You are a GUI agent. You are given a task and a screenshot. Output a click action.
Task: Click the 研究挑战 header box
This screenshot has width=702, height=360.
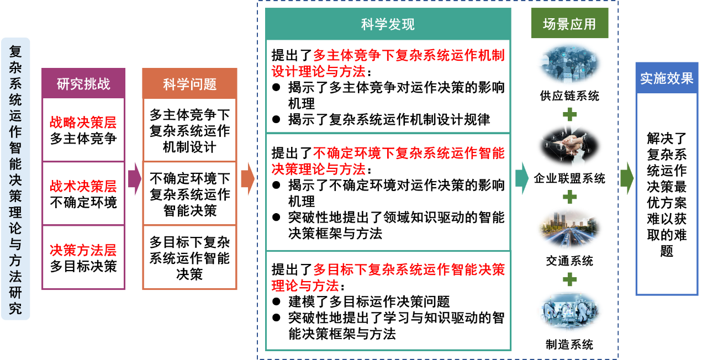(83, 83)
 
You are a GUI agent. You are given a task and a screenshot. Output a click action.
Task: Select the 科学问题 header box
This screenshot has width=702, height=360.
(189, 84)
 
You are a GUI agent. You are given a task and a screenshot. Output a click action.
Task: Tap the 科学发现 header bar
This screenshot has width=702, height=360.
(388, 24)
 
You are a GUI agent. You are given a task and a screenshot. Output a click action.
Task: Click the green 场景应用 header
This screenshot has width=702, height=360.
(569, 24)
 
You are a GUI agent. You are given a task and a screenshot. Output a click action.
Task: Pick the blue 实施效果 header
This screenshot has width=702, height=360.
(667, 78)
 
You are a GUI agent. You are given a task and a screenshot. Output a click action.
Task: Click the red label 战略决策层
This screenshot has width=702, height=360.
(83, 123)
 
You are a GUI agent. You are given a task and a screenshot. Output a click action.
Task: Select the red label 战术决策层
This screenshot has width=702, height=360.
(83, 187)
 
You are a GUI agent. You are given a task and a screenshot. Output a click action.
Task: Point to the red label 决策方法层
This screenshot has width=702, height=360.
(83, 250)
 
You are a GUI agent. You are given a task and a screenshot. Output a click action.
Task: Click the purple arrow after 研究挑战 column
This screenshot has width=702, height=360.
(134, 179)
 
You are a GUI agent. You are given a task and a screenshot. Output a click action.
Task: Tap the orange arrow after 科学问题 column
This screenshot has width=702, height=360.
(247, 179)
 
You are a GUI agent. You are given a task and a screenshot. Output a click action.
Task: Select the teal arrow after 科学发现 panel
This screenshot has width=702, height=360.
(521, 178)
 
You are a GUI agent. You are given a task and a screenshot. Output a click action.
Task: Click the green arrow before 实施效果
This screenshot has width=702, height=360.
(626, 178)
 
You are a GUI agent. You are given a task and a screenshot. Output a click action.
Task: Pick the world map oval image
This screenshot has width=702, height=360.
(569, 63)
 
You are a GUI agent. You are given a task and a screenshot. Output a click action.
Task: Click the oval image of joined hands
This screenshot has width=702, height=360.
(569, 145)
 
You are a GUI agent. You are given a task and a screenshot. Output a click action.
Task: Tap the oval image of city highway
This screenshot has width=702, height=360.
(569, 228)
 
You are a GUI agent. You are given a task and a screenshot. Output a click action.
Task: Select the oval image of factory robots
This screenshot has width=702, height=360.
(569, 310)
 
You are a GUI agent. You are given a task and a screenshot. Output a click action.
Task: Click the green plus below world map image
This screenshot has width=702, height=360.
(569, 114)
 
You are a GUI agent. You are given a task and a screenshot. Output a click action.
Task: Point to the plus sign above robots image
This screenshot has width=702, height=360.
(569, 279)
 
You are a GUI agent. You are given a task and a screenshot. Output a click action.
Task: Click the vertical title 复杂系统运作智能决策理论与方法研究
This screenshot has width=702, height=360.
(15, 179)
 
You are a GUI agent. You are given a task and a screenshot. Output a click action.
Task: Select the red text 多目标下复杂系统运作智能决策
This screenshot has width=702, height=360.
(409, 271)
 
